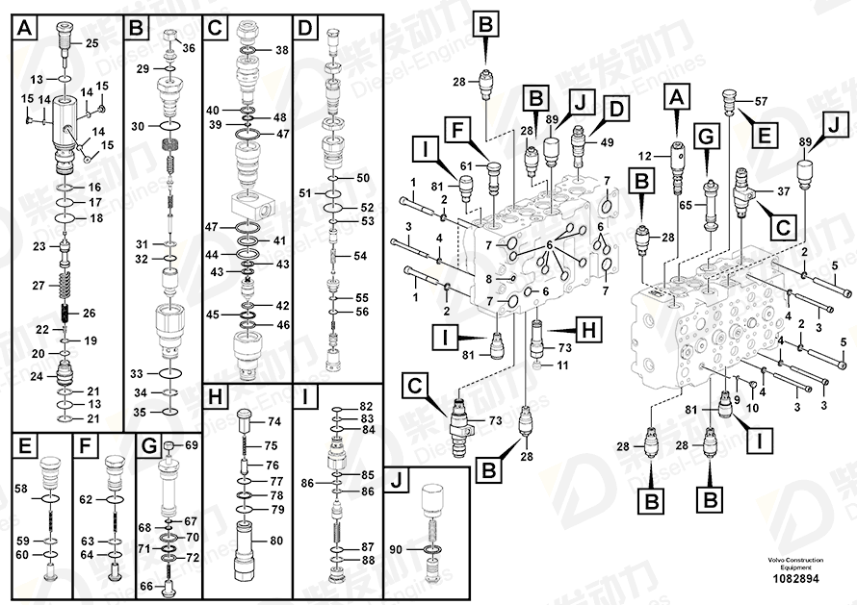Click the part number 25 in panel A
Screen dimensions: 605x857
click(92, 43)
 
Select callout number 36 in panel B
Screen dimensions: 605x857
click(188, 48)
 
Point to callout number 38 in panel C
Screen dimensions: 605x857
click(281, 50)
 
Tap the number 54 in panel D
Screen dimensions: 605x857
click(360, 256)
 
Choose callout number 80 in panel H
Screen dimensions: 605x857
click(275, 541)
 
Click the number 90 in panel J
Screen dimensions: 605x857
click(395, 548)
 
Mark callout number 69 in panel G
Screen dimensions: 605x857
click(191, 445)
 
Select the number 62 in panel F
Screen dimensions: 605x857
click(87, 499)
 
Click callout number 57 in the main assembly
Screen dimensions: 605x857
click(761, 102)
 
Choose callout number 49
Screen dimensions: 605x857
click(608, 142)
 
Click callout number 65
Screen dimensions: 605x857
click(687, 205)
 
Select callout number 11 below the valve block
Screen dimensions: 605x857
click(564, 366)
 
